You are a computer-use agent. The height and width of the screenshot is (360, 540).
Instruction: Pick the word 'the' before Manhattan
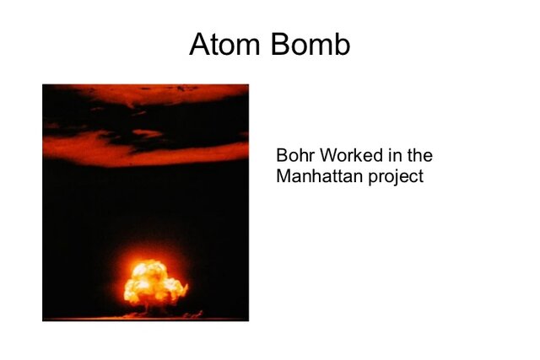(x=418, y=157)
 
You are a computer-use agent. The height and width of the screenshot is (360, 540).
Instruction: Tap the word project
(x=395, y=178)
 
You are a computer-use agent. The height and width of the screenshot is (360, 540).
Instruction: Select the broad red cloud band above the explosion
(x=143, y=150)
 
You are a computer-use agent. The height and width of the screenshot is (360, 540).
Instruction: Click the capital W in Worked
(x=325, y=157)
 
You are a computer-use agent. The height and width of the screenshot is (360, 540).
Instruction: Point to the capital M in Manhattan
(x=283, y=177)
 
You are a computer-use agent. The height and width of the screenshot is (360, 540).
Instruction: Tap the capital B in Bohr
(x=281, y=157)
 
